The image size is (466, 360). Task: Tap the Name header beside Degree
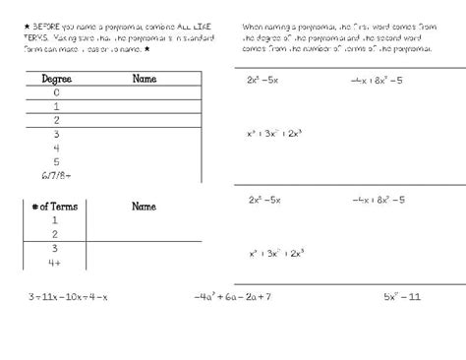point(145,79)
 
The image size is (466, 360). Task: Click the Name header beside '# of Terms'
point(145,208)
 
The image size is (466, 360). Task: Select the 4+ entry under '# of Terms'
point(55,264)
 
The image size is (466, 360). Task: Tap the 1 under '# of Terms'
point(54,221)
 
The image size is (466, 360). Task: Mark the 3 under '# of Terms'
point(54,250)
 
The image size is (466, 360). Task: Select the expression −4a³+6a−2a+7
point(232,296)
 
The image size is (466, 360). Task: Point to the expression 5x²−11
point(402,296)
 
